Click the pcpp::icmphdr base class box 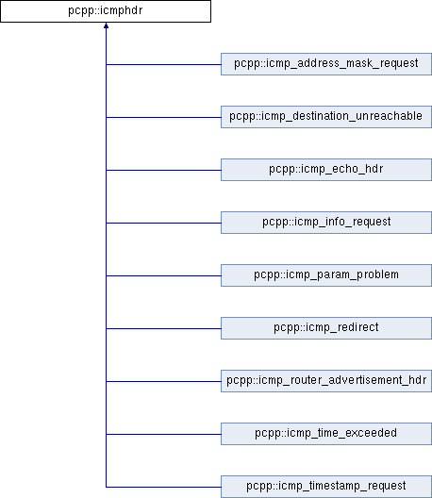tap(106, 11)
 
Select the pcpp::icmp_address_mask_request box tap(326, 64)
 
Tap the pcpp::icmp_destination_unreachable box tap(326, 117)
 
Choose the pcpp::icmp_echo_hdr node tap(326, 170)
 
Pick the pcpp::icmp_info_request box tap(326, 223)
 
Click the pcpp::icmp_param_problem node tap(326, 275)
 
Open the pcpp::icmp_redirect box tap(326, 328)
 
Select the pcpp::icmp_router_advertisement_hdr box tap(326, 381)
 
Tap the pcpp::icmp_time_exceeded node tap(326, 434)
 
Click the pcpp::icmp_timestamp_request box tap(326, 487)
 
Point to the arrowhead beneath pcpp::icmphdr tap(106, 25)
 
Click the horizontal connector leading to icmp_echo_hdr tap(163, 170)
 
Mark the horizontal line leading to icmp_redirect tap(163, 329)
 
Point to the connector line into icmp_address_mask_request tap(163, 64)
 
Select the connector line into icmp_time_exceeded tap(163, 434)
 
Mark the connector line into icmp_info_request tap(163, 223)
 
